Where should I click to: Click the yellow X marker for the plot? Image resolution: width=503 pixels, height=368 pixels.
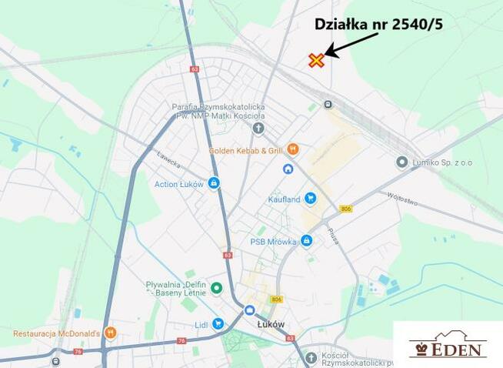point(316,60)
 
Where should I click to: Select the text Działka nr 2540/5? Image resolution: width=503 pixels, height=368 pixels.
point(378,24)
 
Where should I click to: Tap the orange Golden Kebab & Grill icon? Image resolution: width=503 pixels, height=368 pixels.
point(293,149)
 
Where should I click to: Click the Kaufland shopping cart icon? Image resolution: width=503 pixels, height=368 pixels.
point(310,199)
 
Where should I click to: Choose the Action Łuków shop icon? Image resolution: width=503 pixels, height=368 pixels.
point(214,183)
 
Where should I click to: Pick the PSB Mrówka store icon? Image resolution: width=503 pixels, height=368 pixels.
point(306,241)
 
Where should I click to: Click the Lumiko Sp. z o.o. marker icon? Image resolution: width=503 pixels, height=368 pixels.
point(401,162)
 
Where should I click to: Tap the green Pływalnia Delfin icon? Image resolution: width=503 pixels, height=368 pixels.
point(217,288)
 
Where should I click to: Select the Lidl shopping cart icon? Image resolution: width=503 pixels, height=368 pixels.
point(218,323)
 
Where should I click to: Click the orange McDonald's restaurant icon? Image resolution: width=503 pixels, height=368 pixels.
point(111,333)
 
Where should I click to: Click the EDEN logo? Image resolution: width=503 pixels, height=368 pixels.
point(448,345)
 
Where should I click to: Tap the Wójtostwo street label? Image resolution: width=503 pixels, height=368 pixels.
point(402,199)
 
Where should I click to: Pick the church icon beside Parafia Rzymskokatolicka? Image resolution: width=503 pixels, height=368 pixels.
point(258,128)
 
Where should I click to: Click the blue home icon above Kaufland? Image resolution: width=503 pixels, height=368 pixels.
point(288,169)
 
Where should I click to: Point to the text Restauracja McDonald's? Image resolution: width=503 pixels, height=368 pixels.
point(57,333)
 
